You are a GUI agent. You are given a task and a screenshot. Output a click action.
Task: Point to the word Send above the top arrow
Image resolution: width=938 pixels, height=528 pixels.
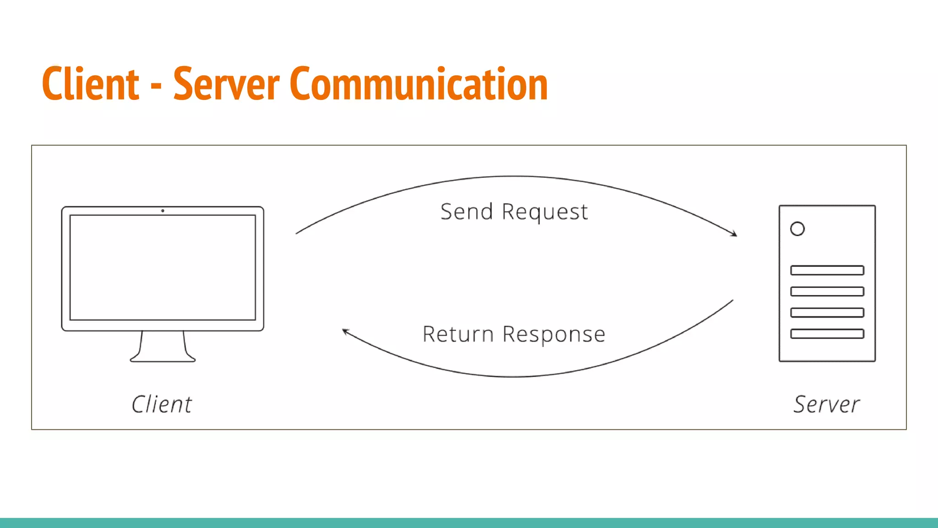467,212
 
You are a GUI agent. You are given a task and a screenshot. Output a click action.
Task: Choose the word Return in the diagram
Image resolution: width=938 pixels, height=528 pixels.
458,334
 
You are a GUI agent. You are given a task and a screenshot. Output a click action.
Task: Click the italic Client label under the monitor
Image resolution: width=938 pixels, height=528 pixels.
162,404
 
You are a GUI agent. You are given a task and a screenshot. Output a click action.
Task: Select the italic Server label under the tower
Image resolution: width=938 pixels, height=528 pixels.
827,404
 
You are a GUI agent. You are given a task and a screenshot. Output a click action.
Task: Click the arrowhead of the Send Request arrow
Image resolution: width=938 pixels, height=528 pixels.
735,234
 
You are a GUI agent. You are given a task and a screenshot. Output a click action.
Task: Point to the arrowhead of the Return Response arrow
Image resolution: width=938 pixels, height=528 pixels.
345,331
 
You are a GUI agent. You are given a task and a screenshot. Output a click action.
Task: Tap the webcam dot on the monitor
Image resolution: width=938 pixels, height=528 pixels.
163,211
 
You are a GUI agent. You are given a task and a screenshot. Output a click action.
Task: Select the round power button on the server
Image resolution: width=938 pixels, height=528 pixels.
797,229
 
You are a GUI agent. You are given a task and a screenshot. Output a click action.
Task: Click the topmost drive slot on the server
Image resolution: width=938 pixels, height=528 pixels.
827,270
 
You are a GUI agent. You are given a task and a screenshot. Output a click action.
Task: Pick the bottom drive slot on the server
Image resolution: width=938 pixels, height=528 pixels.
827,334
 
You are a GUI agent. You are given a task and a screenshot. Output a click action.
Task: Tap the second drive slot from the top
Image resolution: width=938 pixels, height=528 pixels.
827,291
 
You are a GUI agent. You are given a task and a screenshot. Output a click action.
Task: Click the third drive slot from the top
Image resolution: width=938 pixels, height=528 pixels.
827,313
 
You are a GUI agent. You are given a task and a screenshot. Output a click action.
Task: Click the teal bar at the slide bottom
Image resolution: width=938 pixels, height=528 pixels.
469,523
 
